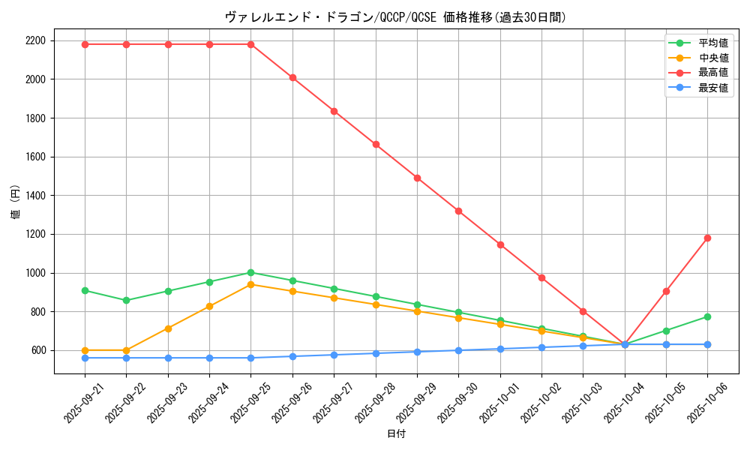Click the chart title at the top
point(395,17)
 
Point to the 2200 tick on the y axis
point(35,40)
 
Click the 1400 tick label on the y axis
point(35,196)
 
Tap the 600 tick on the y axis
point(38,350)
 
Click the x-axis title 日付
point(396,434)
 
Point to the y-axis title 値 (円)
point(15,204)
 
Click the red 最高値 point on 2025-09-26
point(292,77)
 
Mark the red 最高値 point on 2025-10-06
point(707,238)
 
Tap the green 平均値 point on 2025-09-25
point(250,272)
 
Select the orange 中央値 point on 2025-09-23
point(168,328)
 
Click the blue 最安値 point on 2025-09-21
point(85,358)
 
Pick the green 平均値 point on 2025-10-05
point(666,331)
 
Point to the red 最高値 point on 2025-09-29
point(417,178)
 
